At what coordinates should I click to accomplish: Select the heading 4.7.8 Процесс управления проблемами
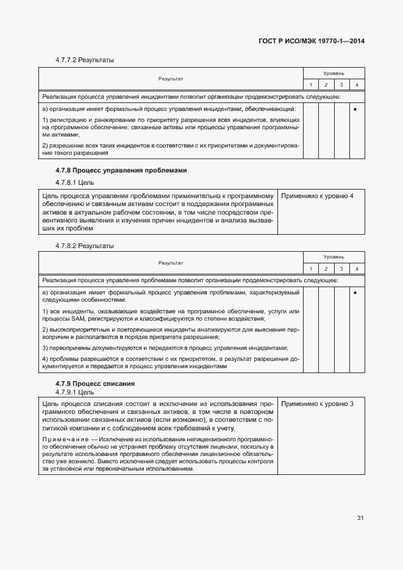(x=121, y=171)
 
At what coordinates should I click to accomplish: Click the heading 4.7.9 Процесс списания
(x=95, y=383)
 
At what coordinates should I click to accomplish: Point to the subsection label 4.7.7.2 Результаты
(x=85, y=60)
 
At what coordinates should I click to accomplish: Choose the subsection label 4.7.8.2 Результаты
(x=85, y=246)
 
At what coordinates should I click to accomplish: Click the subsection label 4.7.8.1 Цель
(x=75, y=182)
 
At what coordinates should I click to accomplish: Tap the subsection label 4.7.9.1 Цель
(x=75, y=392)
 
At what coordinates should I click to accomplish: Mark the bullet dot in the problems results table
(x=355, y=293)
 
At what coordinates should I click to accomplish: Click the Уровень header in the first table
(x=333, y=73)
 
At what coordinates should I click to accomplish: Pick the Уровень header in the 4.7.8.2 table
(x=333, y=257)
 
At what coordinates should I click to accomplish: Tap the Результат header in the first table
(x=171, y=79)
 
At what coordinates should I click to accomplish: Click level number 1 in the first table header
(x=310, y=84)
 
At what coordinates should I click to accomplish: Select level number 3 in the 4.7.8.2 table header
(x=341, y=269)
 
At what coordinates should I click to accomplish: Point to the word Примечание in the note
(x=64, y=439)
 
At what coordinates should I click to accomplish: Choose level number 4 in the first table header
(x=357, y=84)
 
